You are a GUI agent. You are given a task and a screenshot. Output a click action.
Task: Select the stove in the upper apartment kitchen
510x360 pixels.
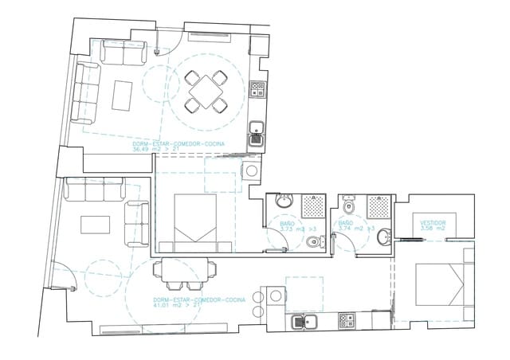click(258, 89)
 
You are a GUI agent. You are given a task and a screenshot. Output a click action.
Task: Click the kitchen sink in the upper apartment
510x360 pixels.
click(257, 131)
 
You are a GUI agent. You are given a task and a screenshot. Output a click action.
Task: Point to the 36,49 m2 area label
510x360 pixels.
click(183, 148)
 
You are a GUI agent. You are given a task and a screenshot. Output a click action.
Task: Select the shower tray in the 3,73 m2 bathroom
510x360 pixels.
click(314, 205)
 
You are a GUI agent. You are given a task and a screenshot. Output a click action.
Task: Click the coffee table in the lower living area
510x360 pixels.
click(96, 222)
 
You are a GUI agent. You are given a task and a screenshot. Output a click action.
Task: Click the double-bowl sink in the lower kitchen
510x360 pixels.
click(305, 323)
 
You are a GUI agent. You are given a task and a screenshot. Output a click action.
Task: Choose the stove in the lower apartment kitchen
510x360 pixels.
click(348, 322)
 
